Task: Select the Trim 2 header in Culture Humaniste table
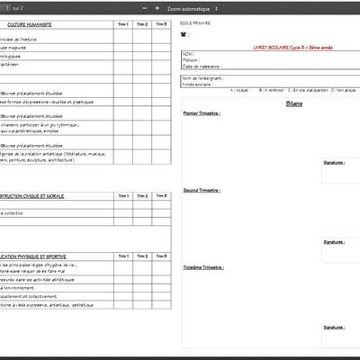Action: [142, 24]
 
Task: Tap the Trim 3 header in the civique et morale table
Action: [161, 195]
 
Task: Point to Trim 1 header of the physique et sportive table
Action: [123, 256]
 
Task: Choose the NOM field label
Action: [188, 54]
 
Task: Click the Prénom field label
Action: [191, 60]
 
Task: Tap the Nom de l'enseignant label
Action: [203, 77]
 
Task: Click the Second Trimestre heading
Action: [202, 191]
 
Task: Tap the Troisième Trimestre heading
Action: [203, 267]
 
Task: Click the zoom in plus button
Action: [157, 7]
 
